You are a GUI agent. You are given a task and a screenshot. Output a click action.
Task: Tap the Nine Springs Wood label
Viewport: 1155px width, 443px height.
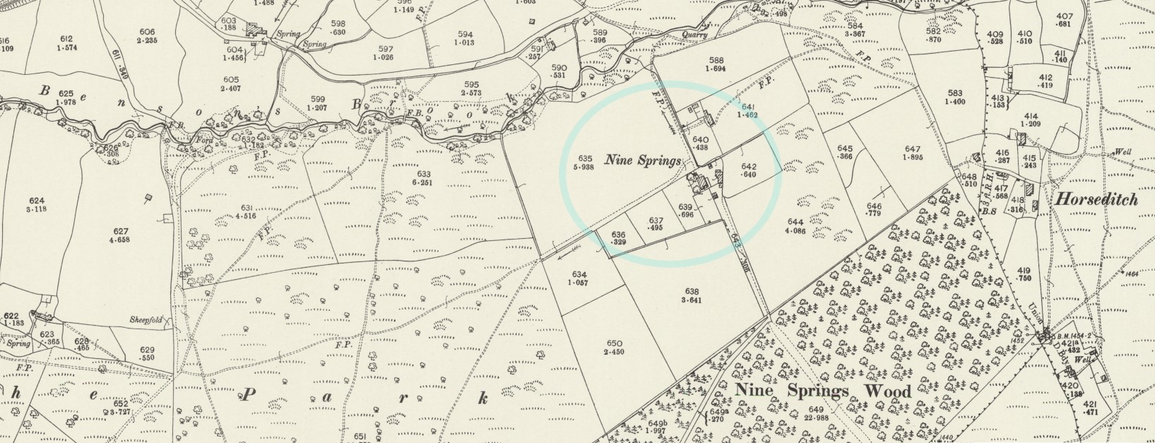823,391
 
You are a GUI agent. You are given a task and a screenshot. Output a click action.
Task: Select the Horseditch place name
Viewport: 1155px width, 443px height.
1096,199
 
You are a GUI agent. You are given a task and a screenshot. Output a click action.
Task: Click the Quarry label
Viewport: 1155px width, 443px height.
696,35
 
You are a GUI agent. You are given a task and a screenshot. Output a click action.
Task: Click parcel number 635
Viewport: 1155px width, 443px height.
585,158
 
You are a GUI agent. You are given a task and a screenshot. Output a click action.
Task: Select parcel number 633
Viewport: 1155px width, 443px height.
424,174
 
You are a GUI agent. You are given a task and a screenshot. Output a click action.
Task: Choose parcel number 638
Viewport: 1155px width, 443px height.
692,291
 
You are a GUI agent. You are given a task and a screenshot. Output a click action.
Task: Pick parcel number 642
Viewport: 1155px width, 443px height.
750,166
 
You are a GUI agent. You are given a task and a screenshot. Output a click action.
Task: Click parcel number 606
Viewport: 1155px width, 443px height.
147,32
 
